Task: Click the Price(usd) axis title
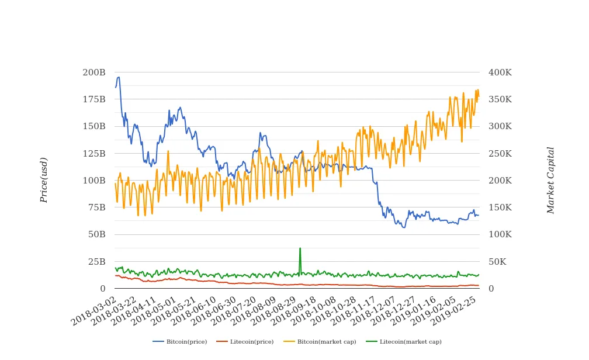(44, 180)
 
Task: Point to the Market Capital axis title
(550, 180)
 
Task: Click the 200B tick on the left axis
(94, 72)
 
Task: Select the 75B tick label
(96, 207)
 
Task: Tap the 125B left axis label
(94, 154)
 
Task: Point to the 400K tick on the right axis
(500, 72)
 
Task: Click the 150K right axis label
(500, 207)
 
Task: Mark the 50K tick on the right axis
(498, 261)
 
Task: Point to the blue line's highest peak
(119, 77)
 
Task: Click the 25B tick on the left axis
(96, 261)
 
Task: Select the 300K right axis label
(500, 126)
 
